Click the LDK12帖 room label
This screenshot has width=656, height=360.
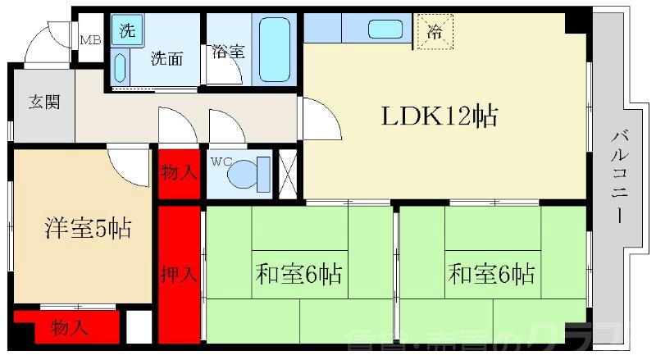coord(439,117)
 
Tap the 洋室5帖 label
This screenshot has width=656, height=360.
coord(88,229)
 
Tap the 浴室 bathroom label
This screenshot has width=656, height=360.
coord(227,50)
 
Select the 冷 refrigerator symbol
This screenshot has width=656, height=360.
coord(434,33)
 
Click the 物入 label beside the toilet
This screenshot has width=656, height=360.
coord(178,174)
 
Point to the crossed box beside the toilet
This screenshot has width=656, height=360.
coord(288,171)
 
